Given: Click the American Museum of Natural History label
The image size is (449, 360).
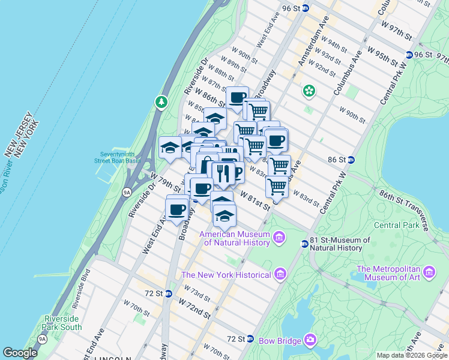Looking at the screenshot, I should click(x=235, y=238).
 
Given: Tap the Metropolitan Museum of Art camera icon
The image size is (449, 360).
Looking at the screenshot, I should click(x=429, y=272).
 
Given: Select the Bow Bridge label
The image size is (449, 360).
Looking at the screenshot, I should click(x=280, y=341).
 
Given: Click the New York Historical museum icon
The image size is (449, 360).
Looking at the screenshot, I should click(x=279, y=275).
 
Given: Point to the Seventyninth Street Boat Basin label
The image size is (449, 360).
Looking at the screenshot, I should click(x=118, y=157).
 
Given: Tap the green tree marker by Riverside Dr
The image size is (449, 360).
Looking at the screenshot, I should click(x=161, y=102).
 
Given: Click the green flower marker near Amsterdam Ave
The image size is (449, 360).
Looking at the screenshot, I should click(x=309, y=91).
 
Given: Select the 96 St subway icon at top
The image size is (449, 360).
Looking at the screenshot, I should click(x=306, y=8).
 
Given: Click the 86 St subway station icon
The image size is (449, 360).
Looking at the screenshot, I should click(x=351, y=160).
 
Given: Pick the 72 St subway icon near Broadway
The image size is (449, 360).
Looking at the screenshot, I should click(x=169, y=293).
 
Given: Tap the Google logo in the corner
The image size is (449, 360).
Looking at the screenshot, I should click(x=20, y=353).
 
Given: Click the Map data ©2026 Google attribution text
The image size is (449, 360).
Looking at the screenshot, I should click(x=411, y=355).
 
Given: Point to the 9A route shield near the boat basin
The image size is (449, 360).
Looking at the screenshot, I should click(x=126, y=192).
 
